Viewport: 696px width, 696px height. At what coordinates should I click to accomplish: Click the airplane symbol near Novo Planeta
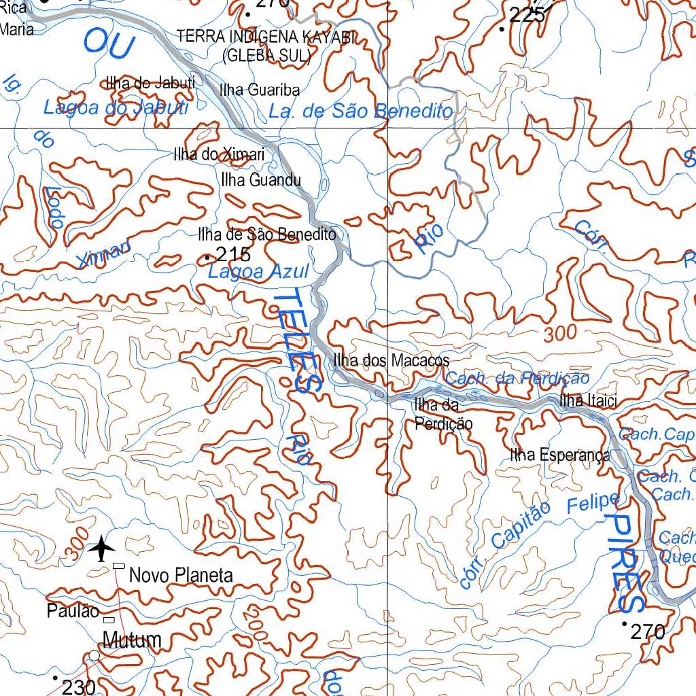click(102, 548)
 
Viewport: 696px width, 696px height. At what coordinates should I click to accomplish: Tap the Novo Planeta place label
click(181, 576)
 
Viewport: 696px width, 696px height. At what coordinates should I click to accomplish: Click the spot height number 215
click(233, 256)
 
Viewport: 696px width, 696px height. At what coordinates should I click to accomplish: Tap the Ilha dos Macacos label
click(391, 361)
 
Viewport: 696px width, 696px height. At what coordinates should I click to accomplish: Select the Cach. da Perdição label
click(518, 379)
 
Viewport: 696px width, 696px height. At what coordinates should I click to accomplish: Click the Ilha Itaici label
click(588, 402)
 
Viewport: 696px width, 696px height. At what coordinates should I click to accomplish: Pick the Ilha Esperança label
click(560, 455)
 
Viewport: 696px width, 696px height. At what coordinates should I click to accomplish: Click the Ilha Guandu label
click(260, 180)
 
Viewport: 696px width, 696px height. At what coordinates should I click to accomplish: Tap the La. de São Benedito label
click(360, 111)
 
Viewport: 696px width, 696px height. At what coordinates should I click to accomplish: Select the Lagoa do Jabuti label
click(116, 107)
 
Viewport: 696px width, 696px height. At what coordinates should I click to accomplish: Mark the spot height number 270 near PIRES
click(647, 632)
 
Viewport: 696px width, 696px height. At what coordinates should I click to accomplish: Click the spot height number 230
click(79, 687)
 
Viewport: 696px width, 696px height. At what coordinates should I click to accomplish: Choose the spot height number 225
click(527, 15)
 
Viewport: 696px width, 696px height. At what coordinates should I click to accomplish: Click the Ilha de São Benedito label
click(266, 235)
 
